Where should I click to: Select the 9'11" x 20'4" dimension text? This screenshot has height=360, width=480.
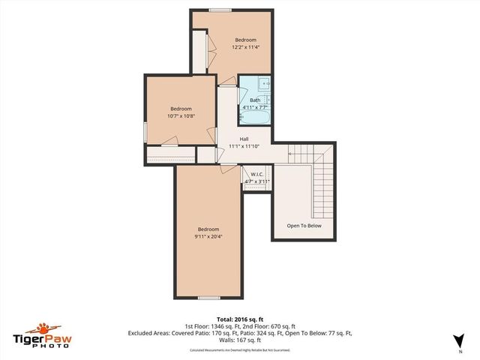[x=208, y=238]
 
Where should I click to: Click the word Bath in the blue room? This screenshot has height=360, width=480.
[x=255, y=100]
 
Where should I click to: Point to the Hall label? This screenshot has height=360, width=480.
[x=244, y=139]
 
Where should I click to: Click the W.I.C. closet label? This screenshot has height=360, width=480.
[x=257, y=174]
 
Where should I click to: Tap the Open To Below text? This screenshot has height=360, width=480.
[x=304, y=225]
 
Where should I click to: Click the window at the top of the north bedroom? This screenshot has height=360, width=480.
[x=220, y=10]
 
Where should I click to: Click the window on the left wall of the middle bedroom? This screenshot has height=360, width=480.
[x=145, y=128]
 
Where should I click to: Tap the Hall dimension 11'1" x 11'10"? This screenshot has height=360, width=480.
[x=244, y=147]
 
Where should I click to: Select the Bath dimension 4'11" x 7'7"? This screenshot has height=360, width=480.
[x=255, y=107]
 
